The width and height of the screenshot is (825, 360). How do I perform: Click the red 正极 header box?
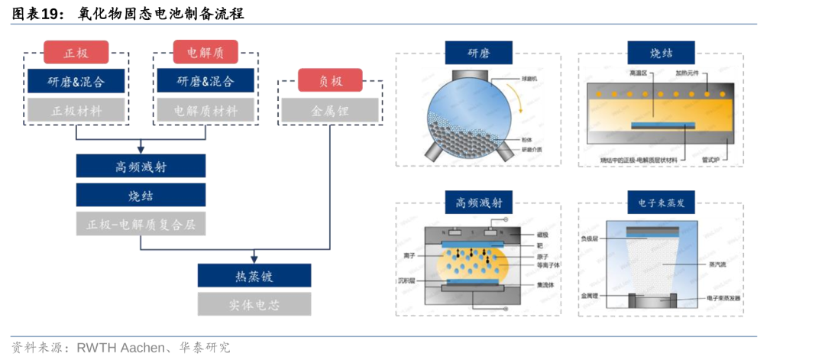(76, 53)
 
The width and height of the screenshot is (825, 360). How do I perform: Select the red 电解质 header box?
(205, 53)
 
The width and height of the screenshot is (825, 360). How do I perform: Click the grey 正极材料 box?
(76, 111)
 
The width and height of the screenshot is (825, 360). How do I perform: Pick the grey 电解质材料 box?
(205, 111)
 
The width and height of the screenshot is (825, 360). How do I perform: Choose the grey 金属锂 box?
(330, 111)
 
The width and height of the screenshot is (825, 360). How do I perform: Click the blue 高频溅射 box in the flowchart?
(141, 166)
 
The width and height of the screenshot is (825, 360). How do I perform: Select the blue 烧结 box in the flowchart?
(141, 195)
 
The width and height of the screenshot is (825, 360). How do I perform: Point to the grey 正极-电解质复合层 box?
(141, 224)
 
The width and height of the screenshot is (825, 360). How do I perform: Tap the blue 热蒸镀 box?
(254, 276)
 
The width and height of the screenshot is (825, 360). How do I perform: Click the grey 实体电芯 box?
(254, 304)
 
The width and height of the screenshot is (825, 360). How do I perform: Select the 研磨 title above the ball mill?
(478, 54)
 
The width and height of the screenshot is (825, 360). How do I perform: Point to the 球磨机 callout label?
(531, 78)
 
